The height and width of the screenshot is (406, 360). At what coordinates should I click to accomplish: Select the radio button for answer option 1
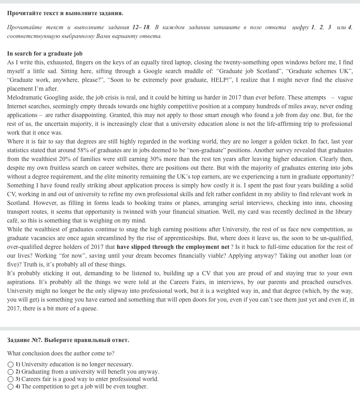[x=11, y=365]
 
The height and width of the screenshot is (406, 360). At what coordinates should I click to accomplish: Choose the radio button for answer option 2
[x=11, y=372]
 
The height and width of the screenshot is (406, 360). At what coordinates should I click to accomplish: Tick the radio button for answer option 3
[x=11, y=379]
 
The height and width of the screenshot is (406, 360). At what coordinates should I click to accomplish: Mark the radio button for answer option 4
[x=11, y=387]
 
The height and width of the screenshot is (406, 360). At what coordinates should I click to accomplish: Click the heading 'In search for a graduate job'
[x=45, y=54]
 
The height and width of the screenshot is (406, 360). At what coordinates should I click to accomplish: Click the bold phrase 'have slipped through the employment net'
[x=173, y=247]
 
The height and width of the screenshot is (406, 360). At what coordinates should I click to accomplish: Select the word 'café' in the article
[x=13, y=221]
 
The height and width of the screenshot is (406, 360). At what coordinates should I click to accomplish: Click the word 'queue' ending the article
[x=89, y=309]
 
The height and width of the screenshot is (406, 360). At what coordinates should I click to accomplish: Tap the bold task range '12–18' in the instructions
[x=141, y=27]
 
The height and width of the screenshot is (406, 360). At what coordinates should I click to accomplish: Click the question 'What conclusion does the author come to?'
[x=60, y=354]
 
